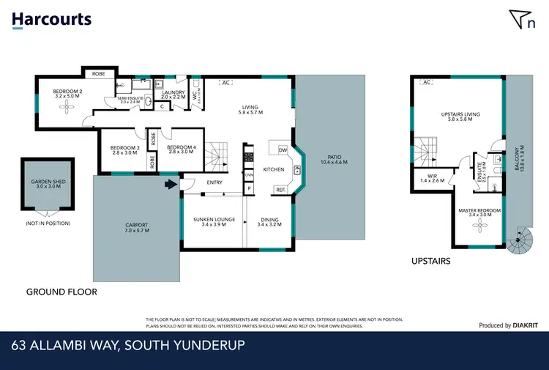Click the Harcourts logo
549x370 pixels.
(51, 19)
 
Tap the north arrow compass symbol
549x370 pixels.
(521, 21)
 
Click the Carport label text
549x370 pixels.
(137, 227)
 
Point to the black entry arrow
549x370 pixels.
(172, 186)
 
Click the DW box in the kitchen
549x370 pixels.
(283, 150)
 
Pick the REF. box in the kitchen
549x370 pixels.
(280, 190)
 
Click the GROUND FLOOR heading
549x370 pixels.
(61, 292)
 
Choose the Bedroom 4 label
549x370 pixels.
(181, 149)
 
